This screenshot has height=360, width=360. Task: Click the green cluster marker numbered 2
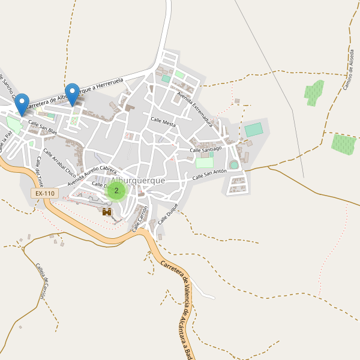116,191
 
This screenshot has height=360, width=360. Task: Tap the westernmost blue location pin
22,104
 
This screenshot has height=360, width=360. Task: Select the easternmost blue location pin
73,94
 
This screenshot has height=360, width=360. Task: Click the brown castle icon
107,212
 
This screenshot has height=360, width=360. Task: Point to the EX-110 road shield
45,194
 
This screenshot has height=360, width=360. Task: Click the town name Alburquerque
137,181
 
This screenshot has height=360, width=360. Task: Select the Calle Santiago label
206,148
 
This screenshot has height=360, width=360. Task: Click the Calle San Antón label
209,175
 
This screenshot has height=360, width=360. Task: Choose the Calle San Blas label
43,127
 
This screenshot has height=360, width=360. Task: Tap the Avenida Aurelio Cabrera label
92,175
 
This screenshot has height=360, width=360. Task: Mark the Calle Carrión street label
140,218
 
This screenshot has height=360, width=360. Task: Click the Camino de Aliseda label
349,70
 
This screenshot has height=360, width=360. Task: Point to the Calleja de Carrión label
40,281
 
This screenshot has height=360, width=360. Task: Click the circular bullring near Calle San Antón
233,164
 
